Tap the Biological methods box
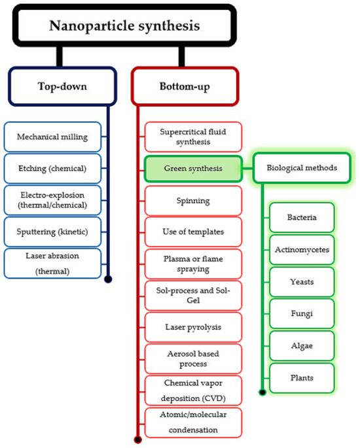pos(302,168)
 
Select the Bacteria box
pos(302,217)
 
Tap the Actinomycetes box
pos(302,249)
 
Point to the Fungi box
pos(302,313)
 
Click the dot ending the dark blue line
pos(108,279)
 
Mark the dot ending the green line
pos(262,392)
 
